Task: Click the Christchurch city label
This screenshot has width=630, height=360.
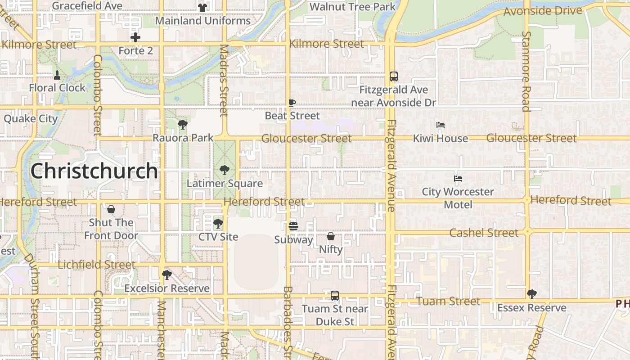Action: [x=94, y=171]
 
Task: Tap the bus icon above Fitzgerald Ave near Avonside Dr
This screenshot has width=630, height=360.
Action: [x=394, y=76]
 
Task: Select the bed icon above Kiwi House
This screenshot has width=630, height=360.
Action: [x=441, y=125]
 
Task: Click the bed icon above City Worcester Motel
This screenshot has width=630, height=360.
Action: [x=458, y=179]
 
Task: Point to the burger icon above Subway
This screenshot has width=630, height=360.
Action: [x=293, y=226]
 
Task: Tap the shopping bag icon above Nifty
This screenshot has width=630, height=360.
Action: [x=331, y=236]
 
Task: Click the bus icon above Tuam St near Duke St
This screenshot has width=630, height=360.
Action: [x=335, y=296]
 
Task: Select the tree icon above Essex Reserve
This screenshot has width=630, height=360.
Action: [x=532, y=294]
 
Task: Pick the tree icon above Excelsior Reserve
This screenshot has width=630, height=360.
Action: [x=167, y=274]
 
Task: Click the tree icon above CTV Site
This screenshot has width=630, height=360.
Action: [x=218, y=223]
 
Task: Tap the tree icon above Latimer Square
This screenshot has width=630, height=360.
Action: [x=224, y=170]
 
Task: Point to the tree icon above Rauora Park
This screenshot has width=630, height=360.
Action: [x=182, y=124]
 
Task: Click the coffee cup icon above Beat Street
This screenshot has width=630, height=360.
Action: [x=292, y=103]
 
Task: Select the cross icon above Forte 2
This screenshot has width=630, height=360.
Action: [x=135, y=37]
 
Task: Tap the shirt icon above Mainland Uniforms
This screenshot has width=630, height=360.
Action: [x=202, y=7]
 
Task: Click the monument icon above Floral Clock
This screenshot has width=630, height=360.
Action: [x=57, y=74]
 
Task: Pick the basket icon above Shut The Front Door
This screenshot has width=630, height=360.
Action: [x=111, y=209]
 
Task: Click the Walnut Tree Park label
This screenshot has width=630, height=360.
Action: [x=353, y=7]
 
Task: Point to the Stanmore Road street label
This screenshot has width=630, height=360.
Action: [x=526, y=71]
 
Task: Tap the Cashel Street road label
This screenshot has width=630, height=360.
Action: [x=484, y=233]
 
